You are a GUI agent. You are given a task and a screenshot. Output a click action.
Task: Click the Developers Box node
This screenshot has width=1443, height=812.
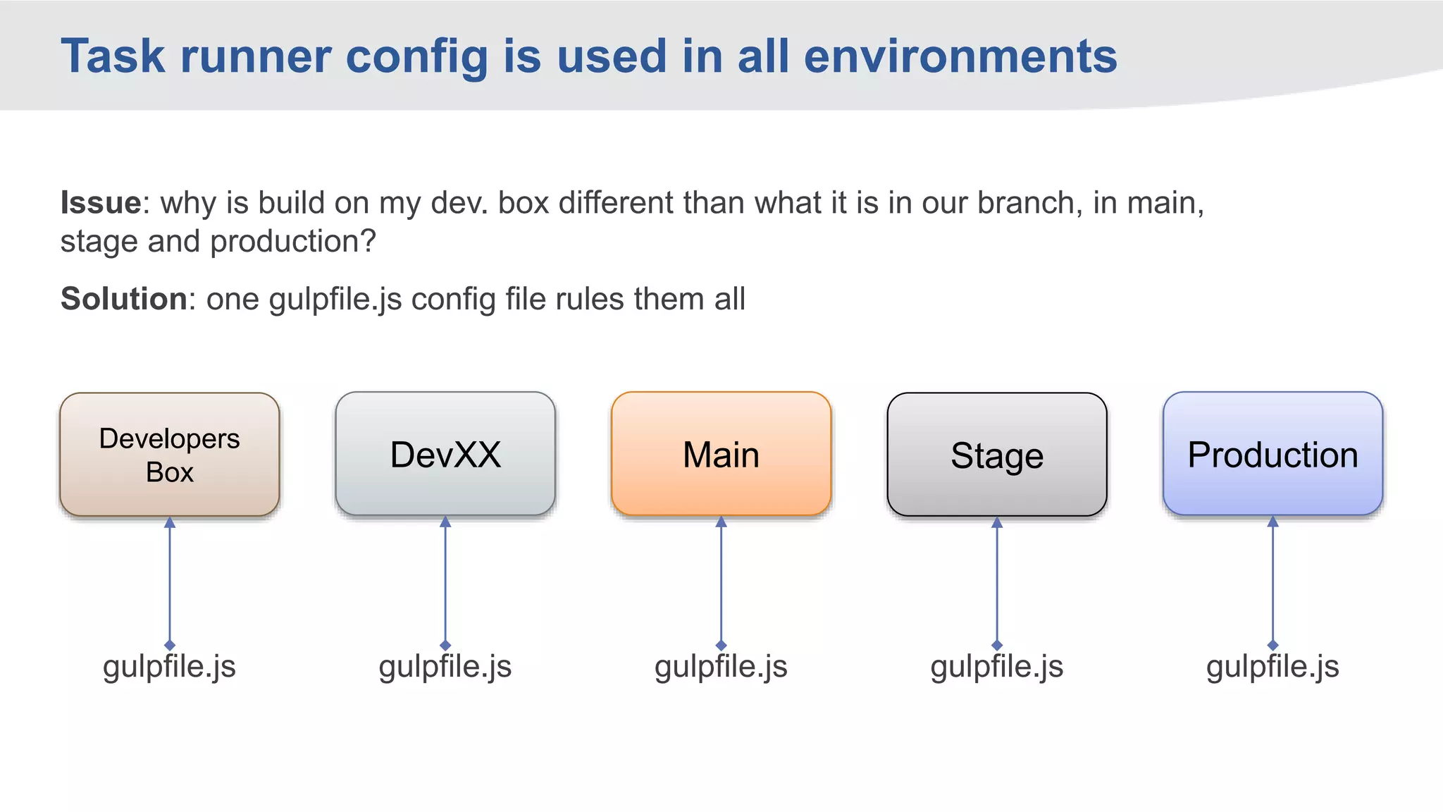(169, 455)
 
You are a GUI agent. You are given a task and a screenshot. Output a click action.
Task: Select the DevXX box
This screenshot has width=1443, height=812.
(445, 455)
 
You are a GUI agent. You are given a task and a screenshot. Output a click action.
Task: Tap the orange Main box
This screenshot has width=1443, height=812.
(721, 455)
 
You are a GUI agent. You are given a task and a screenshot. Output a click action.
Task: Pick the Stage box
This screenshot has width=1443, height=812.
(996, 455)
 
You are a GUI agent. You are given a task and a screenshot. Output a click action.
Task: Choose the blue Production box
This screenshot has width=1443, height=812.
(1272, 455)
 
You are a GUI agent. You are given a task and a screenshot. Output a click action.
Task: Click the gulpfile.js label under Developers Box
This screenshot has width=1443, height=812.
(169, 666)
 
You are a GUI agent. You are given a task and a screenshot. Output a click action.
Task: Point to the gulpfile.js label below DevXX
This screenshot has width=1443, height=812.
(445, 666)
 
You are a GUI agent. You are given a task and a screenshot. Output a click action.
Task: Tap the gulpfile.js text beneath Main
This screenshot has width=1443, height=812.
(721, 666)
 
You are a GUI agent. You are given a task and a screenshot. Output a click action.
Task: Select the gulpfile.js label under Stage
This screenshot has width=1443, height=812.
(996, 666)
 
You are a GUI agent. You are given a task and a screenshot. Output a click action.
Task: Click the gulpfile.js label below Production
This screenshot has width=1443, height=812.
(1272, 666)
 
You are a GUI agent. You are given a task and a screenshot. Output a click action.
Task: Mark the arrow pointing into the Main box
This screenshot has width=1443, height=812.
(721, 582)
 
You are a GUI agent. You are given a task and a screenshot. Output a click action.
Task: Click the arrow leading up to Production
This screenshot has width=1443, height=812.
(1272, 582)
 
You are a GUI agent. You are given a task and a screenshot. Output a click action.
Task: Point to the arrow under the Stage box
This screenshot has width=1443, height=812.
(996, 582)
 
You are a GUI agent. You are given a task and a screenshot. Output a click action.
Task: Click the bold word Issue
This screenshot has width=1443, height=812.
(101, 203)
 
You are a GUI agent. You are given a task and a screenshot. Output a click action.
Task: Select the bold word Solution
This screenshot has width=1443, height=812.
(124, 299)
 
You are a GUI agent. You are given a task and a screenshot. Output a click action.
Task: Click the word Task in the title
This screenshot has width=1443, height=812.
(113, 56)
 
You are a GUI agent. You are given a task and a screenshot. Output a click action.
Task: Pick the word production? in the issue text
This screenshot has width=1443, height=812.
(293, 242)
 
